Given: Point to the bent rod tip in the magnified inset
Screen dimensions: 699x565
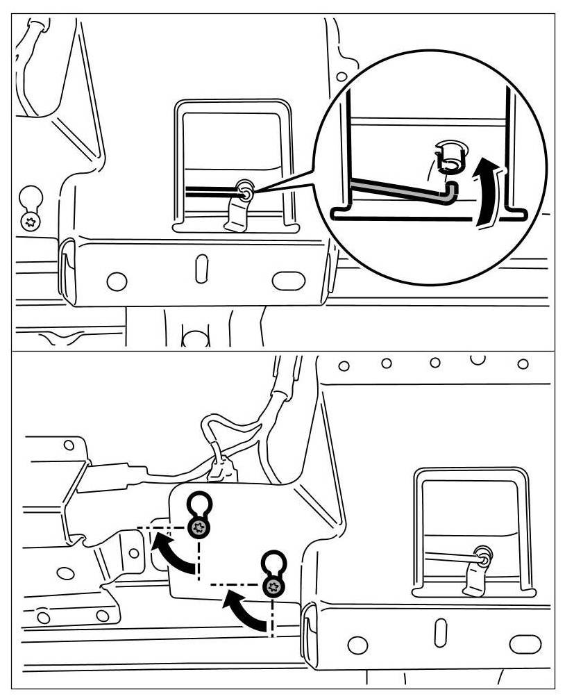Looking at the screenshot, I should point(450,192).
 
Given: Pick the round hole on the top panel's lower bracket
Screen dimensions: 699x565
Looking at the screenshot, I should point(117,281).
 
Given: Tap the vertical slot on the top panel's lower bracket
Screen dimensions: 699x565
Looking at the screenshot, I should point(201,268).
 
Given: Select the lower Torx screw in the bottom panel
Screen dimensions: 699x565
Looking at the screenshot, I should point(273,586).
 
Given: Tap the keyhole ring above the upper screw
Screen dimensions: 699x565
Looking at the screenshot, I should point(200,502).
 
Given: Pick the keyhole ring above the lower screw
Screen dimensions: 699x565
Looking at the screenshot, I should point(273,561).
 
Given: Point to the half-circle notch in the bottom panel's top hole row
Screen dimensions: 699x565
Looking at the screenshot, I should point(477,359).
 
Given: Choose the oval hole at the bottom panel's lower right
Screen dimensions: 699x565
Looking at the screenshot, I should point(525,644).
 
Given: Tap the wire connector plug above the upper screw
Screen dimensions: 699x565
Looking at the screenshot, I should point(221,472).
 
